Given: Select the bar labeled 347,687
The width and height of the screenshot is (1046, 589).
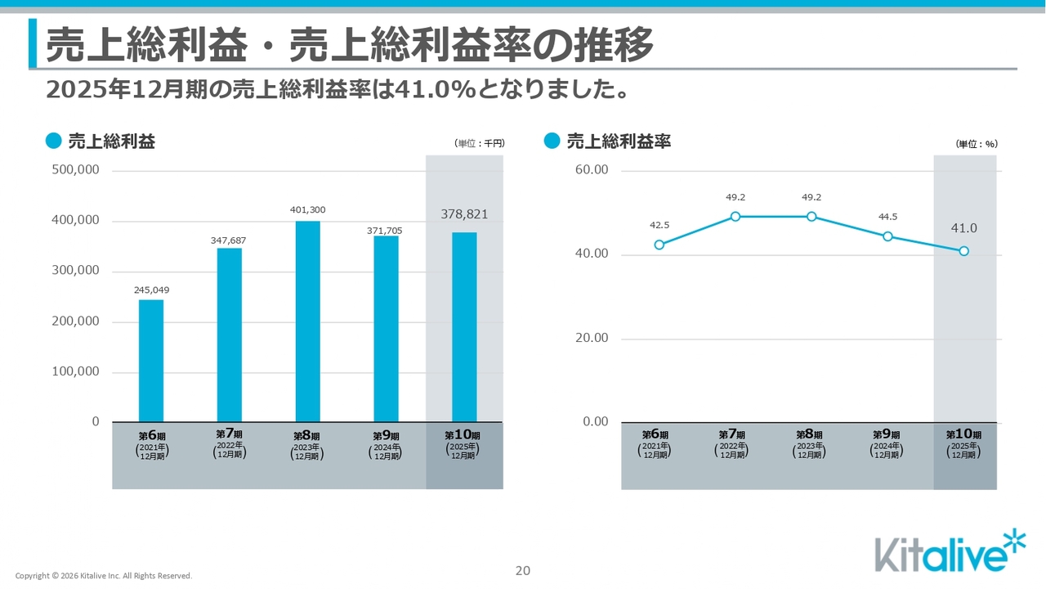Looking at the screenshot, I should [230, 335].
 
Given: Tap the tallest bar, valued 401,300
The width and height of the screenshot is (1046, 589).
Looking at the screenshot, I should [307, 321].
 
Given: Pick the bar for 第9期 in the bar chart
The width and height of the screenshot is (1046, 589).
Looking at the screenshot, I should [387, 329].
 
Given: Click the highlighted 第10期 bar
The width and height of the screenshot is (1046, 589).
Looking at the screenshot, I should [464, 327].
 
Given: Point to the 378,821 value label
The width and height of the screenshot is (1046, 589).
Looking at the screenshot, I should [464, 214].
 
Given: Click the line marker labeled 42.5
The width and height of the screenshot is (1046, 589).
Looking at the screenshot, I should [659, 245].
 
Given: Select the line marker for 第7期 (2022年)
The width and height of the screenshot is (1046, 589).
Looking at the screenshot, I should [735, 217].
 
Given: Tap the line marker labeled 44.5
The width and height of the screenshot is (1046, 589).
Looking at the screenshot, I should [888, 236].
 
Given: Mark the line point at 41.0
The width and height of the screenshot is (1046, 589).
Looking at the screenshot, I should [964, 251].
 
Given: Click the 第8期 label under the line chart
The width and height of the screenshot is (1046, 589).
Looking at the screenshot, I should [810, 435].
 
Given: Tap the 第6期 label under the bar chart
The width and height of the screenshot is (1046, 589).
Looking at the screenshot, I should [151, 435].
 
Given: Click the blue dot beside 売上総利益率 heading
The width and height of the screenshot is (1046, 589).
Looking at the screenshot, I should [552, 142].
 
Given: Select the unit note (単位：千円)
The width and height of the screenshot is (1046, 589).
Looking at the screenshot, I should [480, 143].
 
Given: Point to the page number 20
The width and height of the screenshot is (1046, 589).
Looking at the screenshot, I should [523, 571].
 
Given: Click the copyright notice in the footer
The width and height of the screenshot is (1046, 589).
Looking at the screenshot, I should [104, 576].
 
